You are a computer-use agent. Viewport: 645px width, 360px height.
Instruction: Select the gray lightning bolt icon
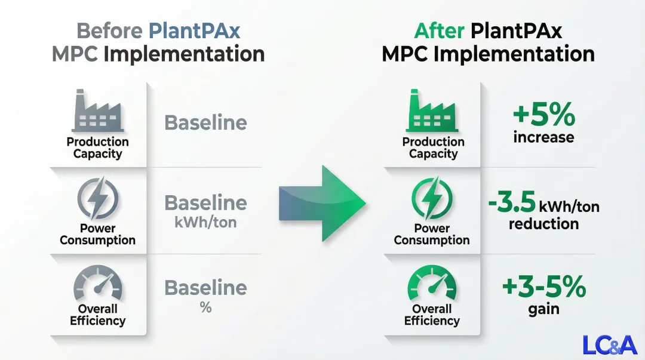click(97, 199)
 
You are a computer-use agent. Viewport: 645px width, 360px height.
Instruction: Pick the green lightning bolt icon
click(432, 199)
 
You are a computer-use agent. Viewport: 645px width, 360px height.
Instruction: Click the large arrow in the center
click(322, 203)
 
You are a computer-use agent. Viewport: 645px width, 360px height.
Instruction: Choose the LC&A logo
click(610, 344)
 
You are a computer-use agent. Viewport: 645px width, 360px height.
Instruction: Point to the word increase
click(543, 137)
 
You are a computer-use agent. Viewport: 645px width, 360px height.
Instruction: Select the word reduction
click(543, 224)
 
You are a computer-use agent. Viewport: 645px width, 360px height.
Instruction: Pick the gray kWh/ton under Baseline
click(205, 223)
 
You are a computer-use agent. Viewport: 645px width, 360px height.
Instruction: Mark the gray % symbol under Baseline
click(205, 308)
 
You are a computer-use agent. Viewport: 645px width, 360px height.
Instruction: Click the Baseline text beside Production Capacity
click(205, 123)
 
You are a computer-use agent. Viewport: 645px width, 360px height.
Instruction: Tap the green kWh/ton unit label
click(569, 207)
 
